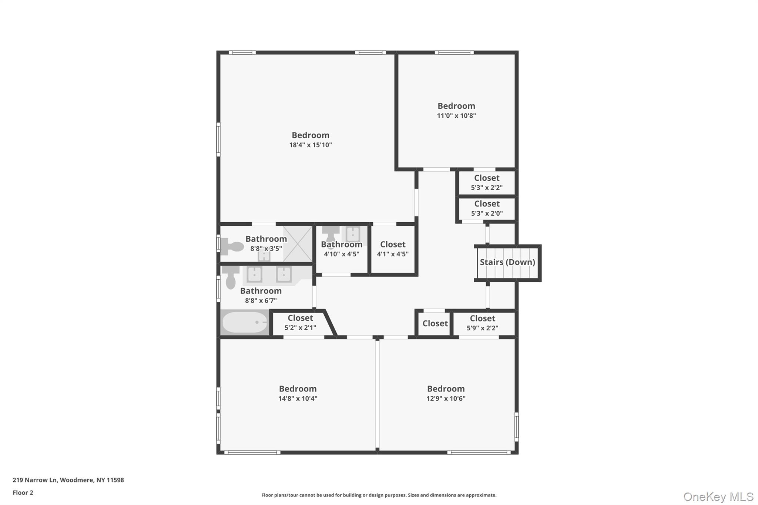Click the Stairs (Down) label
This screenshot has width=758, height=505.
tap(507, 262)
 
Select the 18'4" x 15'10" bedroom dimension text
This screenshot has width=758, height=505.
tap(310, 145)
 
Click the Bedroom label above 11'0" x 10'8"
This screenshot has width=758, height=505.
tap(456, 106)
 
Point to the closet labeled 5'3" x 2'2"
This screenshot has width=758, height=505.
tap(486, 183)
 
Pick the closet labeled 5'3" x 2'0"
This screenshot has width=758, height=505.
tap(486, 209)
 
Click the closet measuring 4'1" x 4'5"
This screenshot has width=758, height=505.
tap(392, 249)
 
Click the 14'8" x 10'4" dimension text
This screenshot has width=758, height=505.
tap(298, 398)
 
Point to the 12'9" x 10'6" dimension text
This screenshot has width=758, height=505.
tap(446, 398)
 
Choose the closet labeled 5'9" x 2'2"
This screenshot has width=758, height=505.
tap(482, 323)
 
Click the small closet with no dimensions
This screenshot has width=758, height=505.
tap(435, 324)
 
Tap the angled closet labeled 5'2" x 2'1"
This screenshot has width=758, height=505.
tap(300, 323)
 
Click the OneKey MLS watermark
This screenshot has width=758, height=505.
tap(718, 496)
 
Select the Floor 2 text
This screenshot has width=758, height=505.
tap(23, 492)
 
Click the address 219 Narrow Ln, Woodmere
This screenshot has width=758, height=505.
tap(68, 480)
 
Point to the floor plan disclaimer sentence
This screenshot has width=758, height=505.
tap(379, 495)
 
